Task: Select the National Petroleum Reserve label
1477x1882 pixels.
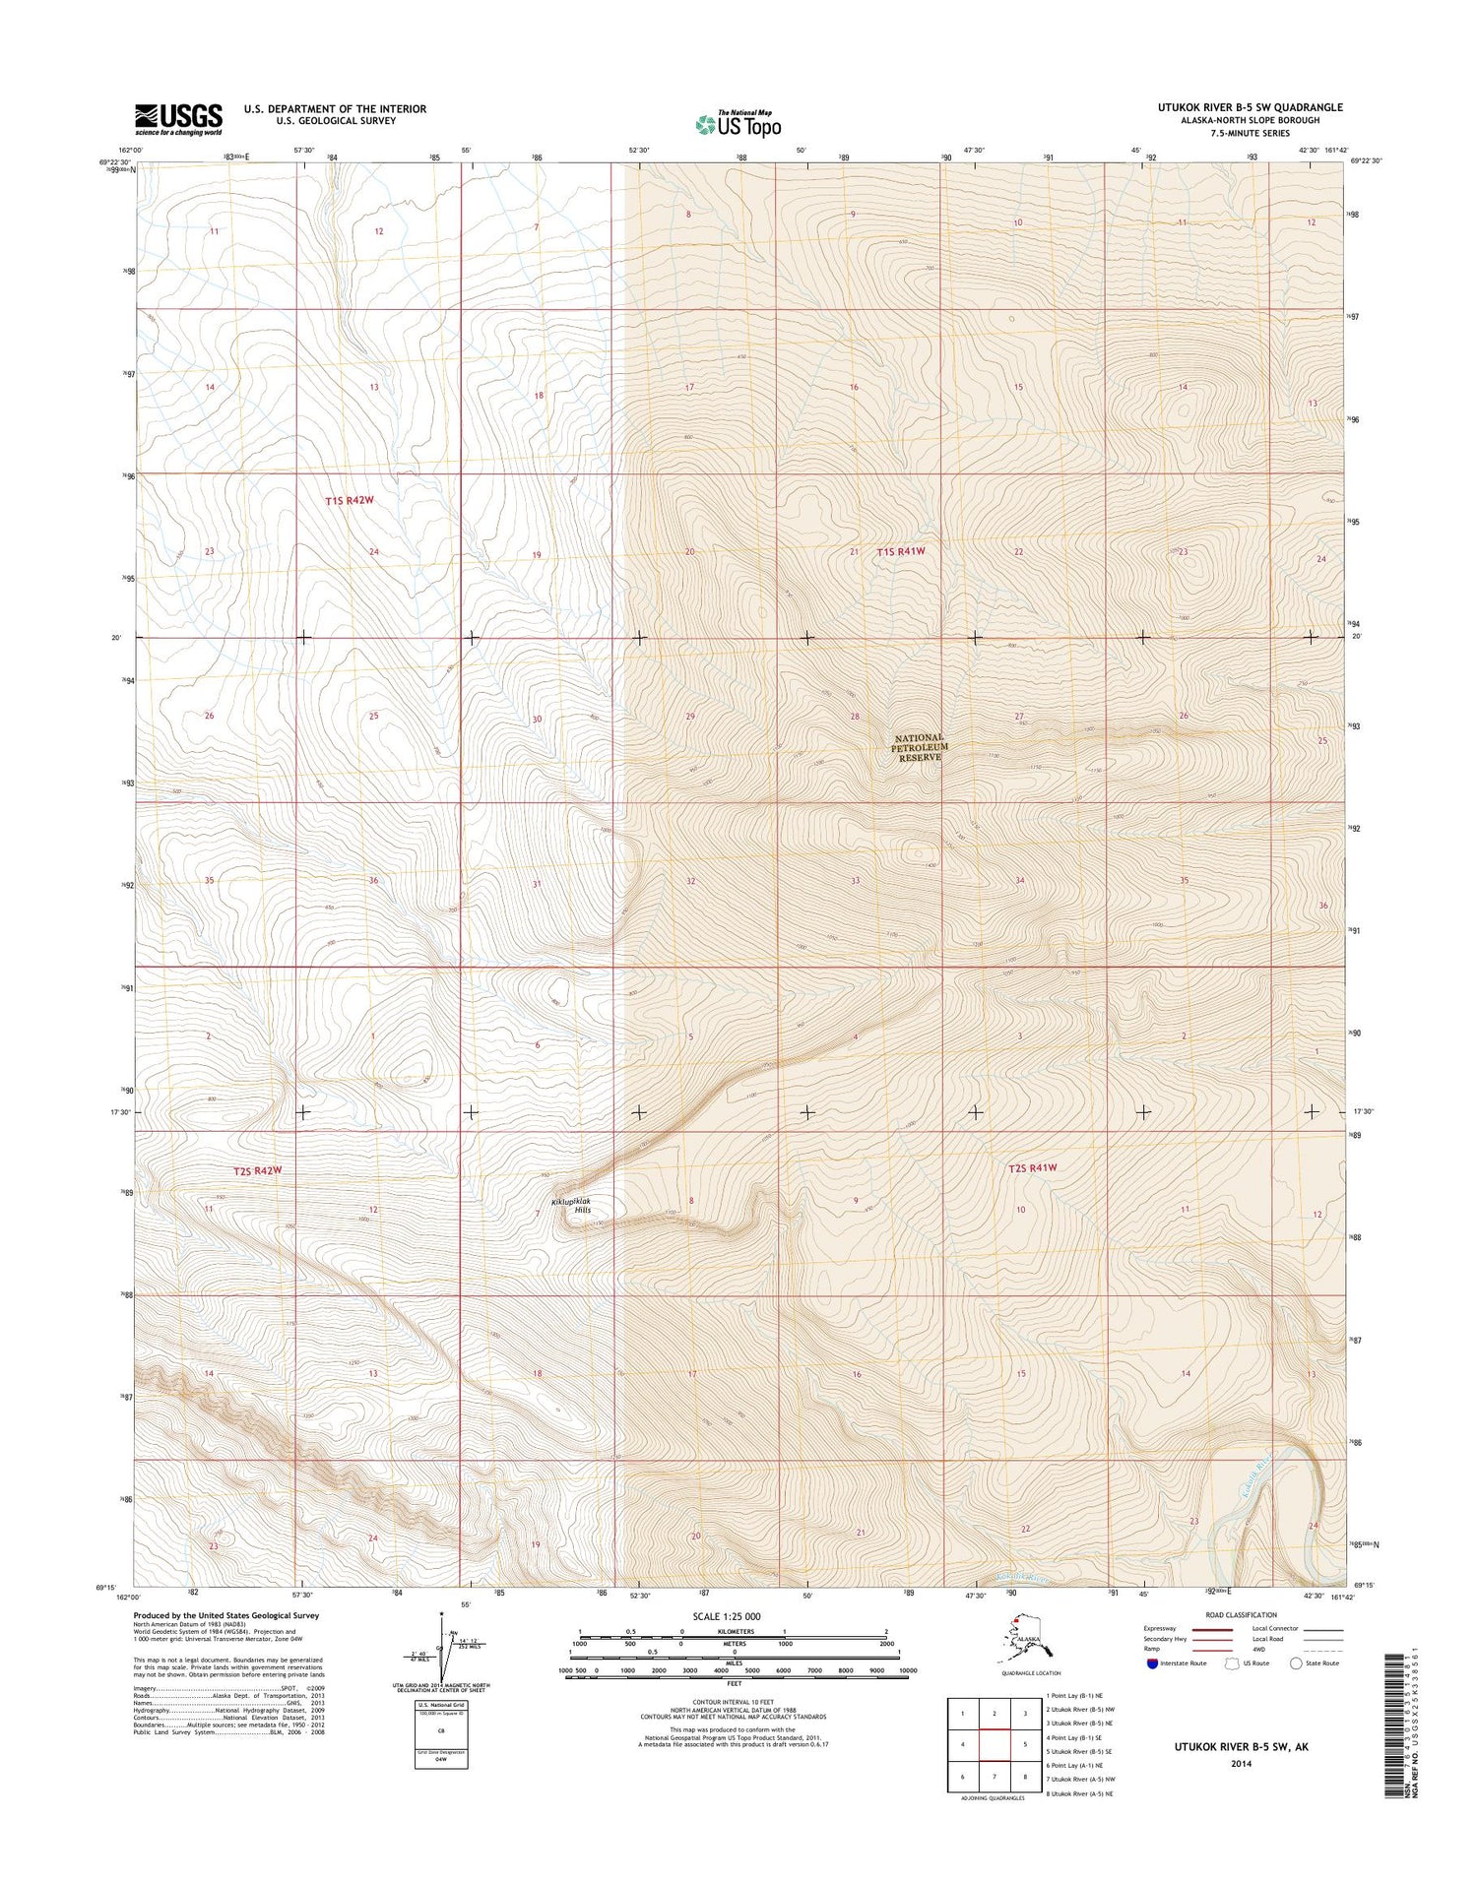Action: pos(920,747)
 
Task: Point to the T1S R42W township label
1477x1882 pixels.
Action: pos(350,501)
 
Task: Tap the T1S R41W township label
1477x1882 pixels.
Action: pos(901,552)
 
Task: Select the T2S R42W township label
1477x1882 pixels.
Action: pos(258,1170)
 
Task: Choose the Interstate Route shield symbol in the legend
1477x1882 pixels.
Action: pos(1152,1663)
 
